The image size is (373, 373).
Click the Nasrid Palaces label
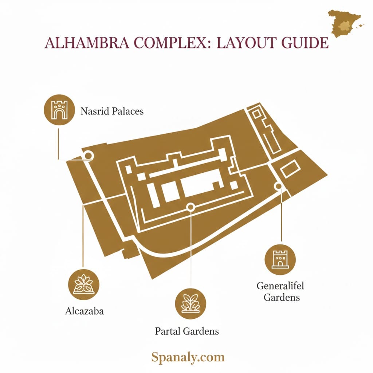(x=112, y=111)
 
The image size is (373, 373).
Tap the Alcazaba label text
(x=85, y=311)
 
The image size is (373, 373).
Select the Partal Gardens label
(x=187, y=331)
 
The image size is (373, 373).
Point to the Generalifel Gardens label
(x=280, y=291)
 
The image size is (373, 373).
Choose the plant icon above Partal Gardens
(x=191, y=303)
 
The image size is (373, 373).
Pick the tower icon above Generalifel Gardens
(x=280, y=259)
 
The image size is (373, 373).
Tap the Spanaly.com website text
(x=188, y=357)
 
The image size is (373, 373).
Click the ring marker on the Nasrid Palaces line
(x=88, y=156)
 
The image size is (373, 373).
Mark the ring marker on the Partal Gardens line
(x=190, y=207)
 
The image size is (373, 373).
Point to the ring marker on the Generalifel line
(x=279, y=186)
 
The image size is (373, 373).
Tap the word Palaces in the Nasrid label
(x=127, y=111)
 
